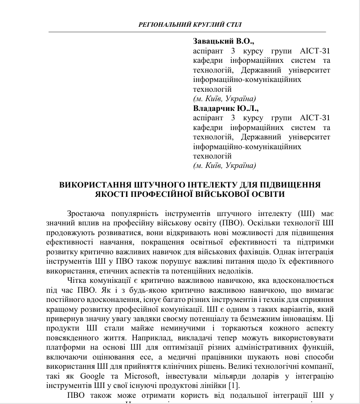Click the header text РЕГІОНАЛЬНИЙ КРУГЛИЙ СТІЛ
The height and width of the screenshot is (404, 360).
(191, 24)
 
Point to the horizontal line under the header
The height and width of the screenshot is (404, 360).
(187, 32)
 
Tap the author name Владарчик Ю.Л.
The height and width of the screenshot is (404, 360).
(226, 108)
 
